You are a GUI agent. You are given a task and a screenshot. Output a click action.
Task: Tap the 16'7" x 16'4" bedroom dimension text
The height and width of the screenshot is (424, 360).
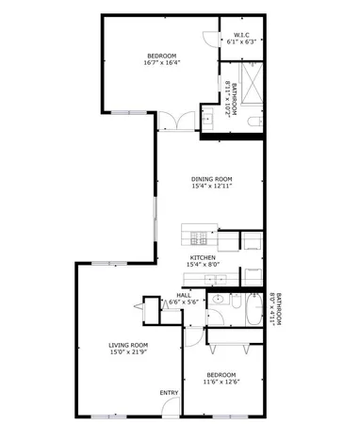pos(162,63)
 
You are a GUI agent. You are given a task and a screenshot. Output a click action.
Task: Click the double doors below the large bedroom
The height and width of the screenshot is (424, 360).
pos(176,122)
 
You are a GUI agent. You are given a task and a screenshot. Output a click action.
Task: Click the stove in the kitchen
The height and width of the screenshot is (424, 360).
pos(254,240)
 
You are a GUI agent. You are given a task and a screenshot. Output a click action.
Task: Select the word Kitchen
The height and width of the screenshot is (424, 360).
pos(203,257)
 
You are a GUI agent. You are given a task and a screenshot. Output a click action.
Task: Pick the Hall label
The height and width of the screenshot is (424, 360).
pos(183,295)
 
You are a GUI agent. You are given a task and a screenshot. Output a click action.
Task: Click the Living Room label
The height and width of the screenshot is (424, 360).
pos(128,346)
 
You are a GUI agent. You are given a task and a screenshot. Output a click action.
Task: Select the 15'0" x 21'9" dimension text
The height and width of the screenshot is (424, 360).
pos(128,354)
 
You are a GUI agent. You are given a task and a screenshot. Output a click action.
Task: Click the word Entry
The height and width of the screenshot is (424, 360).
pos(169,392)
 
